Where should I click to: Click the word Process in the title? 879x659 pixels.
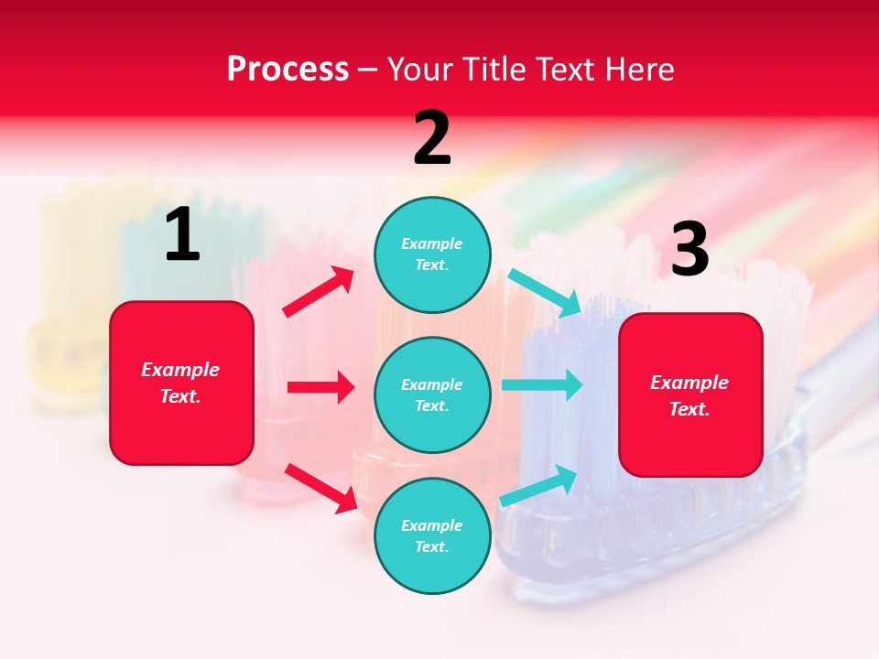click(x=288, y=70)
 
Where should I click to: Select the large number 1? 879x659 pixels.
click(x=182, y=235)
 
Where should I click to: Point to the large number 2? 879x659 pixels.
click(x=432, y=138)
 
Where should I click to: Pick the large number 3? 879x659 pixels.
click(x=689, y=250)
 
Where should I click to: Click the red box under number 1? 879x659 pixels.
click(x=181, y=383)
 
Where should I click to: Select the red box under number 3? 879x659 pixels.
click(x=690, y=394)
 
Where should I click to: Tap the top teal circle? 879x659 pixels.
click(x=432, y=254)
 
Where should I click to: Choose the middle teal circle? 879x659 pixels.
click(x=432, y=394)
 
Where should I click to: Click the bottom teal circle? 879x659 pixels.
click(x=432, y=535)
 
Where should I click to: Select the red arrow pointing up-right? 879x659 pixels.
click(x=319, y=292)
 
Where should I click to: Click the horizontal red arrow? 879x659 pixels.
click(x=320, y=387)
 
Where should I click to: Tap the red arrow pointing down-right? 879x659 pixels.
click(x=320, y=488)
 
